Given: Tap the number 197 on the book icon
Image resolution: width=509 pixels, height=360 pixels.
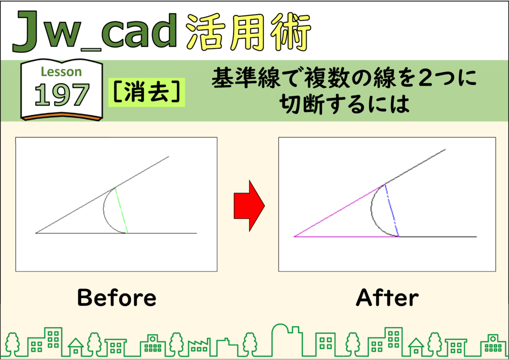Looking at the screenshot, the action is coord(62,95).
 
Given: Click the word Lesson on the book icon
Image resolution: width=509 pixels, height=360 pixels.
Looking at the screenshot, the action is coord(61,72).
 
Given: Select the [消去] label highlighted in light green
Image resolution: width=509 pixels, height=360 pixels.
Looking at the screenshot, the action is coord(147,92).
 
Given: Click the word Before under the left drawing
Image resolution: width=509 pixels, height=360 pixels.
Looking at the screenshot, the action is coord(117,298).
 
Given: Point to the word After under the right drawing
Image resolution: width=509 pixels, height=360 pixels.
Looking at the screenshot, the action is coord(387,298).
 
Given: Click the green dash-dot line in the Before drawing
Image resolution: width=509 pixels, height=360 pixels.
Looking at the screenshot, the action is coord(121,210).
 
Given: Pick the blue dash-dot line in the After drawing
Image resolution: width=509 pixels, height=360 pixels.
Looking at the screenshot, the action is coord(392,210).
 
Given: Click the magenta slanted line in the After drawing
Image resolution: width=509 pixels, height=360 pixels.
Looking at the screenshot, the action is coord(339,210).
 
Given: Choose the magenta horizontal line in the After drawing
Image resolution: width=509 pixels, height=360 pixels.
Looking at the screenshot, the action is coord(346,237).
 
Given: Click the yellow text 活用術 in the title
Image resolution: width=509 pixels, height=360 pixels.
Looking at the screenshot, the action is coord(249,32).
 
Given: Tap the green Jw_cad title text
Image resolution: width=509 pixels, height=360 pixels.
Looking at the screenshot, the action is coord(95,31).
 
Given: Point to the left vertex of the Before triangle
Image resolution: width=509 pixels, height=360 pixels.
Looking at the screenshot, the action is coord(36,233).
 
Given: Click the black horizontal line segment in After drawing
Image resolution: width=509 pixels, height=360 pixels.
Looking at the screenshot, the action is coord(437,237).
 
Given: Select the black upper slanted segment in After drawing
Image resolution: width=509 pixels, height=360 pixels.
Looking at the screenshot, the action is coord(415,167).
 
